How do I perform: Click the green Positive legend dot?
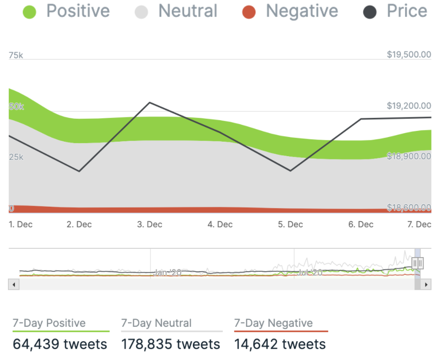click(29, 12)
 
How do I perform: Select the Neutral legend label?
click(188, 11)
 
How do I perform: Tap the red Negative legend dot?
click(249, 12)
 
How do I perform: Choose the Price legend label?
click(407, 11)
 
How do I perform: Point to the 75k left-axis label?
click(16, 55)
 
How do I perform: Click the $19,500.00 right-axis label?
click(409, 55)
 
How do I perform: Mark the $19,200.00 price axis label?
click(409, 106)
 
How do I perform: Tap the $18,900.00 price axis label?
click(409, 156)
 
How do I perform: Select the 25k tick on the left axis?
click(16, 157)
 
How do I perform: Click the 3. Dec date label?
click(149, 224)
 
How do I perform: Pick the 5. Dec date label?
click(290, 224)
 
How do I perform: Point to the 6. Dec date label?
click(361, 224)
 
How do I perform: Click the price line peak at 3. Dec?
click(149, 102)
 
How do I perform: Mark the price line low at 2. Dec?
click(79, 171)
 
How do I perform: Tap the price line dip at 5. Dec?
click(290, 171)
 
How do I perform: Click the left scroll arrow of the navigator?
click(14, 284)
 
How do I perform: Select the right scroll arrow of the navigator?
click(425, 284)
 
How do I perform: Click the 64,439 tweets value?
click(60, 344)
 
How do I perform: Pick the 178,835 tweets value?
click(170, 344)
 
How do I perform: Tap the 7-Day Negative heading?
click(273, 323)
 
